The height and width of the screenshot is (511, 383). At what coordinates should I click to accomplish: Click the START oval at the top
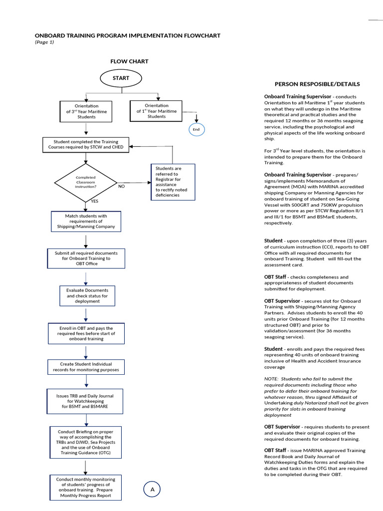click(121, 78)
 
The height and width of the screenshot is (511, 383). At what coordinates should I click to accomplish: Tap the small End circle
click(196, 129)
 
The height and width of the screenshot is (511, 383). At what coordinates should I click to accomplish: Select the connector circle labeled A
click(153, 490)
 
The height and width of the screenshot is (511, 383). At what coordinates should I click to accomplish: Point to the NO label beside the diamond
click(121, 186)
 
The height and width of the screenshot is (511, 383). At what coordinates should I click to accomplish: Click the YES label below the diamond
click(94, 201)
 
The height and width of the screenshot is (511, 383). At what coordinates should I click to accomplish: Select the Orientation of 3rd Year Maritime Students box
click(86, 112)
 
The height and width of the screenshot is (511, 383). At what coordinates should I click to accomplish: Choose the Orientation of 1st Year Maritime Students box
click(156, 111)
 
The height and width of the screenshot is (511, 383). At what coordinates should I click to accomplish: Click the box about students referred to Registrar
click(173, 182)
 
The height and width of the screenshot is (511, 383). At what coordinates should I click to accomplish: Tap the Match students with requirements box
click(86, 221)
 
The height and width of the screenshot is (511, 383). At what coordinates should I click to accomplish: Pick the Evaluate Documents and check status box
click(87, 295)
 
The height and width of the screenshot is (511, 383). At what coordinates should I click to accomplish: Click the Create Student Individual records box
click(86, 367)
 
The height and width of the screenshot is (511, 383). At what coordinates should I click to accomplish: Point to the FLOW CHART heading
click(129, 61)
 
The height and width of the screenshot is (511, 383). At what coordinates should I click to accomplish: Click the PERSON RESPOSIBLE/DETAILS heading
click(317, 84)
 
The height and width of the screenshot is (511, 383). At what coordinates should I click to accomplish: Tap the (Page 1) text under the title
click(44, 42)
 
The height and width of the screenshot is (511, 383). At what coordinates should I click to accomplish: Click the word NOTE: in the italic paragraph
click(272, 379)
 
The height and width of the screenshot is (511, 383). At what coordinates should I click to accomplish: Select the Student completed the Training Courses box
click(86, 144)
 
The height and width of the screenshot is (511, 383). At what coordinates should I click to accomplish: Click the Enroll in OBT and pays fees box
click(87, 333)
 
